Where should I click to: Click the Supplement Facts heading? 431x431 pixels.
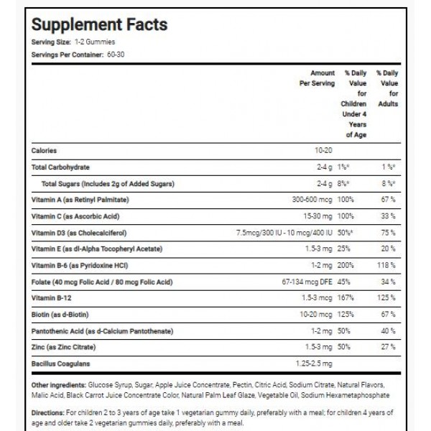100,24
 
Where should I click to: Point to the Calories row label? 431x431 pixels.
45,150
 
